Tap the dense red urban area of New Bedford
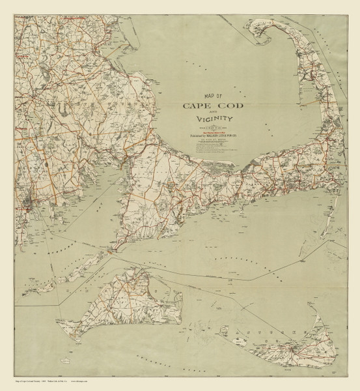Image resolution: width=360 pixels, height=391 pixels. pyautogui.click(x=26, y=209)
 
